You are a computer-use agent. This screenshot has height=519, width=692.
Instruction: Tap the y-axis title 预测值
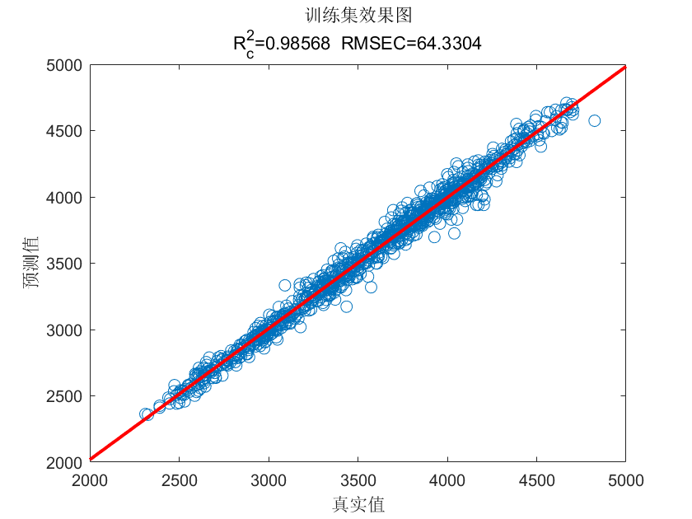[x=30, y=263]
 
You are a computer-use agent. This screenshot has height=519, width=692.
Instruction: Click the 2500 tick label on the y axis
[x=64, y=396]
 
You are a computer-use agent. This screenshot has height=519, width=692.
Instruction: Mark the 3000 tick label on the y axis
[x=64, y=330]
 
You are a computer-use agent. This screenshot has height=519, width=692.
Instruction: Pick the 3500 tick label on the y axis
[x=64, y=264]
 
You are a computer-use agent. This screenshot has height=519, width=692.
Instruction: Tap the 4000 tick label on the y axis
[x=64, y=197]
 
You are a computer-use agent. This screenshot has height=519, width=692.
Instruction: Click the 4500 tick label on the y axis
[x=64, y=131]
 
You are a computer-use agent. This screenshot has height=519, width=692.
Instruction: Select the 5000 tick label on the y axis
[x=64, y=64]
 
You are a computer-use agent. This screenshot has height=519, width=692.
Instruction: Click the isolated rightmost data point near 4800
[x=594, y=120]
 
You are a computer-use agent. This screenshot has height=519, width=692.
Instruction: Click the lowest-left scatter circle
[x=146, y=414]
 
